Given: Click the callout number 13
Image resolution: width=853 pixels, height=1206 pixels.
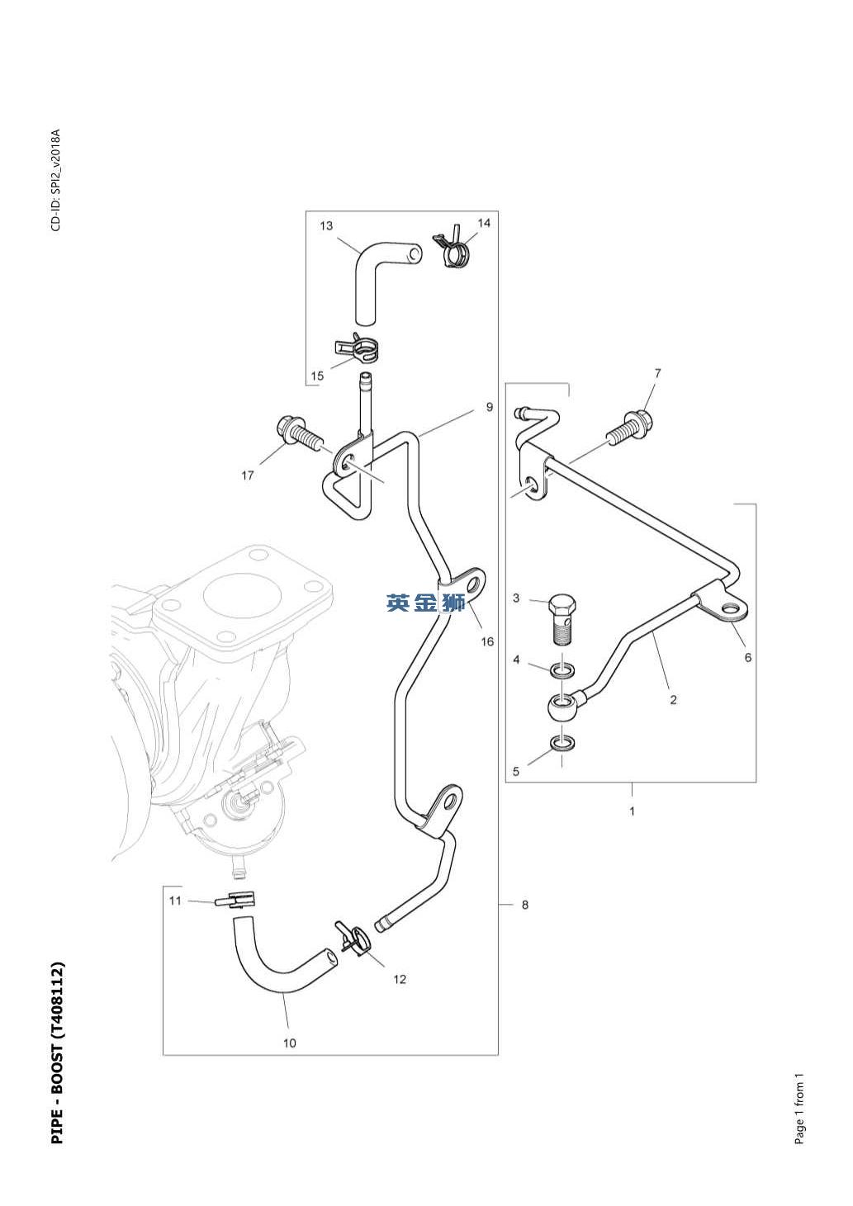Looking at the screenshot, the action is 326,225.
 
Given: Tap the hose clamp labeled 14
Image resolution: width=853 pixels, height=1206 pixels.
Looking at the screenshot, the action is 451,247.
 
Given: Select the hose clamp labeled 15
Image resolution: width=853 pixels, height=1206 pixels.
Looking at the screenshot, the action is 357,348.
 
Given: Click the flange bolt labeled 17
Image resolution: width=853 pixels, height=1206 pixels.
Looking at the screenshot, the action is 297,434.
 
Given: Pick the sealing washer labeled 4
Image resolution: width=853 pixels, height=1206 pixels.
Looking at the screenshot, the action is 562,671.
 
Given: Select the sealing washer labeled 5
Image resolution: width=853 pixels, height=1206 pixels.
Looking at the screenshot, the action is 562,744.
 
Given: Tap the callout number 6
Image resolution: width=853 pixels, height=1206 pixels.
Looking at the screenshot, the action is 747,657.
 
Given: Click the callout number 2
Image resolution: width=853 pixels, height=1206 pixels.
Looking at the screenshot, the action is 673,700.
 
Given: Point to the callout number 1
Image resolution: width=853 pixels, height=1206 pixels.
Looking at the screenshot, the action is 633,811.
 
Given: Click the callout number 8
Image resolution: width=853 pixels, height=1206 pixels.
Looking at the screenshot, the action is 525,905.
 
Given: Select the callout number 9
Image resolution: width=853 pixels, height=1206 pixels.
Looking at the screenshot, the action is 489,407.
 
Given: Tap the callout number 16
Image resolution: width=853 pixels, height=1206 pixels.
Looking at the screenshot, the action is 487,641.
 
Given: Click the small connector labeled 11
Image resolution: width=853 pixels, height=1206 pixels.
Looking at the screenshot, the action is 236,899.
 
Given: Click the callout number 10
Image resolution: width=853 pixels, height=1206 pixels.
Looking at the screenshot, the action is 290,1043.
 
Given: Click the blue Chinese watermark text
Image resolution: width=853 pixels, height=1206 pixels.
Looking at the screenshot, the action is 426,603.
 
